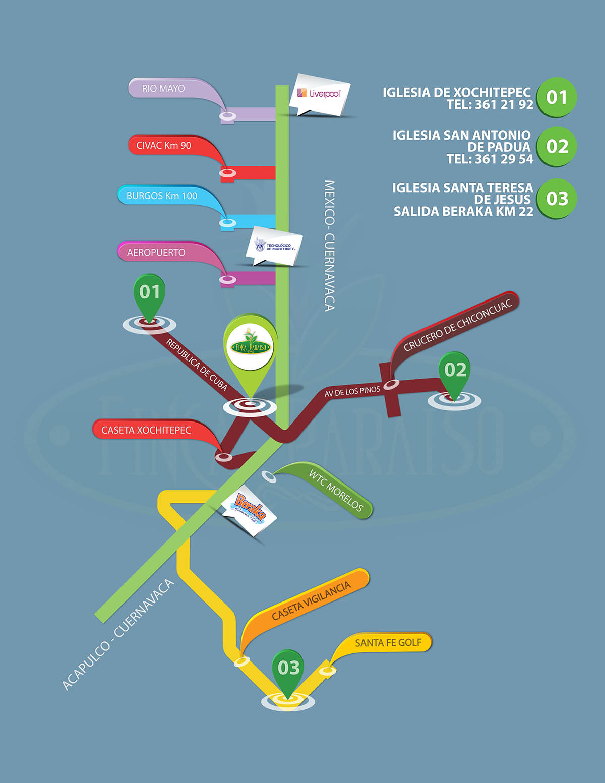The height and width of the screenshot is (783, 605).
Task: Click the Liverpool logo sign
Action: [320, 94]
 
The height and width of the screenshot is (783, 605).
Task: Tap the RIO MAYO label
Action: [163, 89]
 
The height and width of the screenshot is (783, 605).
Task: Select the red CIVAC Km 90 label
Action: [164, 146]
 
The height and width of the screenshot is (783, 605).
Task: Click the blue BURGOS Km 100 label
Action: [162, 196]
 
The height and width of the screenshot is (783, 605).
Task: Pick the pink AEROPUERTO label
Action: [156, 252]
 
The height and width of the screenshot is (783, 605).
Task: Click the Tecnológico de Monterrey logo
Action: [277, 246]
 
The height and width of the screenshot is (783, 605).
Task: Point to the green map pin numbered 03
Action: [288, 670]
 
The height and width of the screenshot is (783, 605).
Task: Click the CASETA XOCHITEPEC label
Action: [146, 430]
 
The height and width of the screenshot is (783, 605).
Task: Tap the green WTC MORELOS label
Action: [335, 490]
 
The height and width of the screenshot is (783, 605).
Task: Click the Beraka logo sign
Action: [250, 510]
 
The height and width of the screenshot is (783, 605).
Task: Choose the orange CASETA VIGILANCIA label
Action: [311, 601]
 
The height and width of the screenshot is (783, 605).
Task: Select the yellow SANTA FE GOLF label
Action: [388, 643]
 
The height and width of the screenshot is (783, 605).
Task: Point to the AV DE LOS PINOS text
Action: [352, 392]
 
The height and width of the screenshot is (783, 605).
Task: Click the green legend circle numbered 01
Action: [556, 97]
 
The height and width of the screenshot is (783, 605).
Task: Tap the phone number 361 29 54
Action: [504, 159]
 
